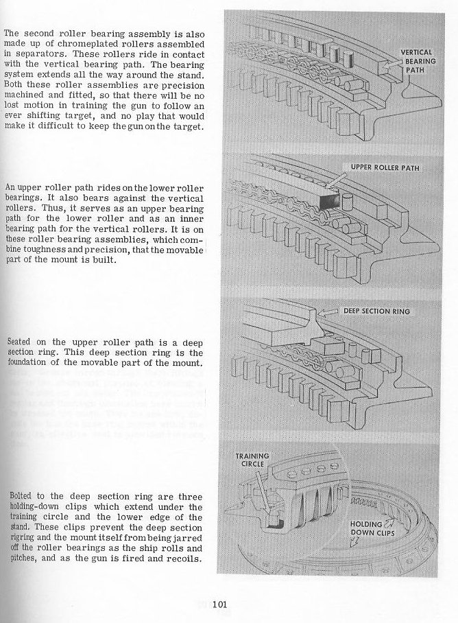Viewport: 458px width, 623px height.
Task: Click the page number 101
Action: coord(220,604)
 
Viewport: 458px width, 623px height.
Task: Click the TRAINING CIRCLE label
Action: coord(252,459)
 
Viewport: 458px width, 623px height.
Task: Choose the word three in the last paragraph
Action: coord(190,495)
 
